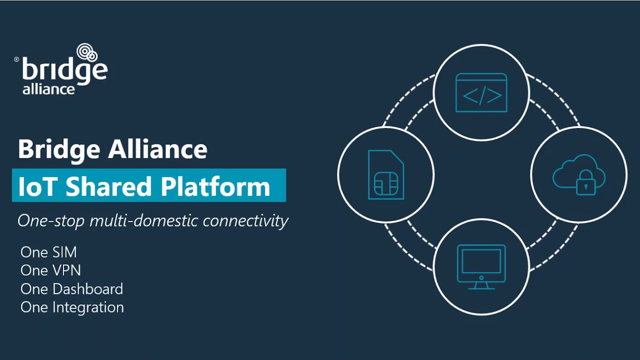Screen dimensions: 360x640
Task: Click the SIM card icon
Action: point(386,175)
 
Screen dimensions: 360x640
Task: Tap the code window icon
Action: point(481,93)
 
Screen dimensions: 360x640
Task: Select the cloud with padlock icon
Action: point(578,174)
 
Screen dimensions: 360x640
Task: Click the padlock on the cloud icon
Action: point(585,183)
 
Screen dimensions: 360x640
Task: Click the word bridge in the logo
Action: point(64,70)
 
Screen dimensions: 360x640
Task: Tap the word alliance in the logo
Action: point(48,89)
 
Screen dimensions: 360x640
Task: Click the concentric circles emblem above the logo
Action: point(87,52)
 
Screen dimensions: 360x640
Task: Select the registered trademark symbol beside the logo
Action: point(16,59)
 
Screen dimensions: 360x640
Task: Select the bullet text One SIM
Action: point(48,252)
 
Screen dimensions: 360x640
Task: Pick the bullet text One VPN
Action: point(50,270)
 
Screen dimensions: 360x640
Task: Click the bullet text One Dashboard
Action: point(71,289)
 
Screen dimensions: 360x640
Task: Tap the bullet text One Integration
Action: point(72,307)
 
